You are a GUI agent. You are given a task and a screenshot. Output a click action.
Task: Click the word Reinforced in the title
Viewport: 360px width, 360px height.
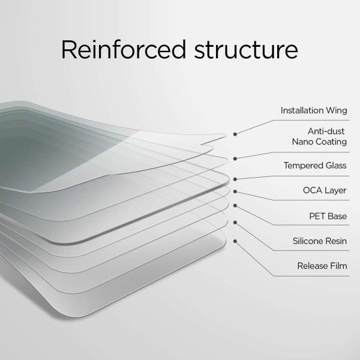(x=123, y=50)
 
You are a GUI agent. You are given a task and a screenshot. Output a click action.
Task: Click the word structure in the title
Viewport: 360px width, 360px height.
(x=246, y=50)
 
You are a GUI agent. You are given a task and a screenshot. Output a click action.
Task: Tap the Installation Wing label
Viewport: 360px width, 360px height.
(x=314, y=110)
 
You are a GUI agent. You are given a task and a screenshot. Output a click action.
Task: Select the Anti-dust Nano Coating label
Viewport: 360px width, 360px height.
(x=319, y=137)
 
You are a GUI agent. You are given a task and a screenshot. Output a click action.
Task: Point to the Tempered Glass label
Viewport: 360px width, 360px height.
(x=315, y=166)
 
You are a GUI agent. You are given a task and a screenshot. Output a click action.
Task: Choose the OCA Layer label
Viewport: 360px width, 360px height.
(x=325, y=190)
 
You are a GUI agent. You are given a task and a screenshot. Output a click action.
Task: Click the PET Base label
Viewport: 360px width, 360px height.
(x=328, y=216)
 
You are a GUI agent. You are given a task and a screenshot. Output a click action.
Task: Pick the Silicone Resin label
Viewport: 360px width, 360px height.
(x=320, y=241)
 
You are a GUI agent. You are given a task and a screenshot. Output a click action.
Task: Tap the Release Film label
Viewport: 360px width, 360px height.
(x=322, y=266)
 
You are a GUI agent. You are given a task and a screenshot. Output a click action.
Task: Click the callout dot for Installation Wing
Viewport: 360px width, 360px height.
(x=235, y=134)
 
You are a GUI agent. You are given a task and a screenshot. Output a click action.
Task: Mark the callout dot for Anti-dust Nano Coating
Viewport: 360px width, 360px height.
(x=235, y=158)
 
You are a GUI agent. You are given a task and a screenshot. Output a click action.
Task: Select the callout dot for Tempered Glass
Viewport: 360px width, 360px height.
(x=235, y=179)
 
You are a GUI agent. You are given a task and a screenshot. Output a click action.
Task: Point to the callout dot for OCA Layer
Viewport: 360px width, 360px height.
(x=235, y=191)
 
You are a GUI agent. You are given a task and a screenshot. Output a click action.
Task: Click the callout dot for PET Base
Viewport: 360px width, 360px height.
(x=235, y=205)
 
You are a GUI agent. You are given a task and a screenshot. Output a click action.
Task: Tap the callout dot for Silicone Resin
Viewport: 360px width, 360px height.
(x=235, y=223)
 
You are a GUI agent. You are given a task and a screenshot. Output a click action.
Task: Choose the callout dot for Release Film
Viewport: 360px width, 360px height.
(x=235, y=241)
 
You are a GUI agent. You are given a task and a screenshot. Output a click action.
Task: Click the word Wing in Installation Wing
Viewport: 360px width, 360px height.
(x=337, y=111)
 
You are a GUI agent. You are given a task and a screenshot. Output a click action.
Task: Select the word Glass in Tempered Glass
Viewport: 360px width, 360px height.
(x=336, y=166)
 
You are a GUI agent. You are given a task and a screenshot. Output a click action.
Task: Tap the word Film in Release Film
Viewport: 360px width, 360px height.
(x=338, y=266)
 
